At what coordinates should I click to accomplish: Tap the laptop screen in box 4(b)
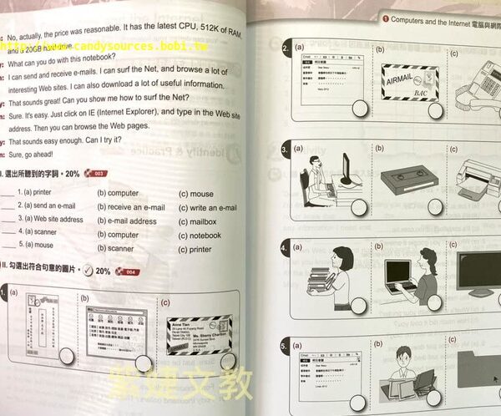coord(397,273)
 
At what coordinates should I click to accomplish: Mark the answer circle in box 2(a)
coord(361,107)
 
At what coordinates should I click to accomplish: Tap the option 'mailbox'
coord(197,221)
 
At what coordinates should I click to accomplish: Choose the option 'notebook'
coord(200,235)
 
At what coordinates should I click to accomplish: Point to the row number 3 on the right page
coord(285,149)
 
